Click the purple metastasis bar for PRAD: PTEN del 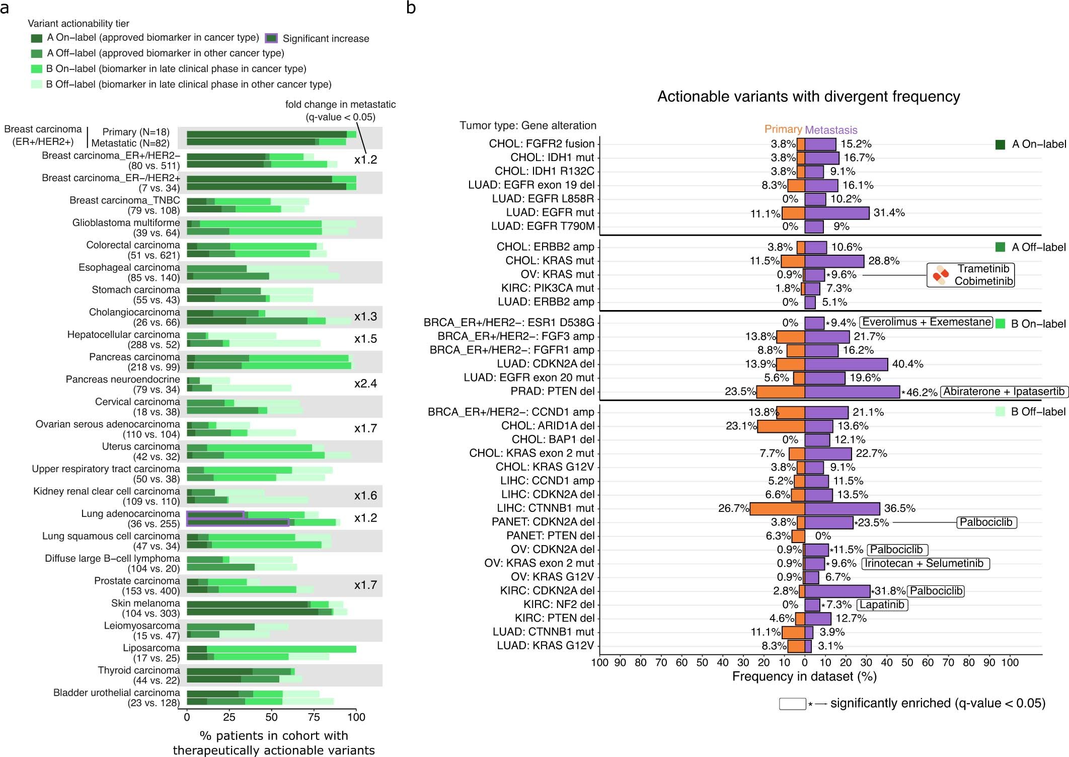852,392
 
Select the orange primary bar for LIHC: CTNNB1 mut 777,508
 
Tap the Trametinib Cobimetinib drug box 970,275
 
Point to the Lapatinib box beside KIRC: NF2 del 882,604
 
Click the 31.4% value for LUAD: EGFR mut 889,213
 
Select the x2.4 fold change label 365,384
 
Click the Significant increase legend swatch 271,38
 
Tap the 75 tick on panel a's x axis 314,717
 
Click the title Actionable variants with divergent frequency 808,97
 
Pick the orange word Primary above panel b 783,129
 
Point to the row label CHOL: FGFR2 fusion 542,144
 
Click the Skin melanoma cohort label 145,603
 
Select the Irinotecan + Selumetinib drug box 925,563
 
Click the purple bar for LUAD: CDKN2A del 846,364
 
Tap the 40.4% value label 907,364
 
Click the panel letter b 411,8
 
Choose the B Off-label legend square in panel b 1000,412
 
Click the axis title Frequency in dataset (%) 804,676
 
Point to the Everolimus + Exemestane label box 926,322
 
